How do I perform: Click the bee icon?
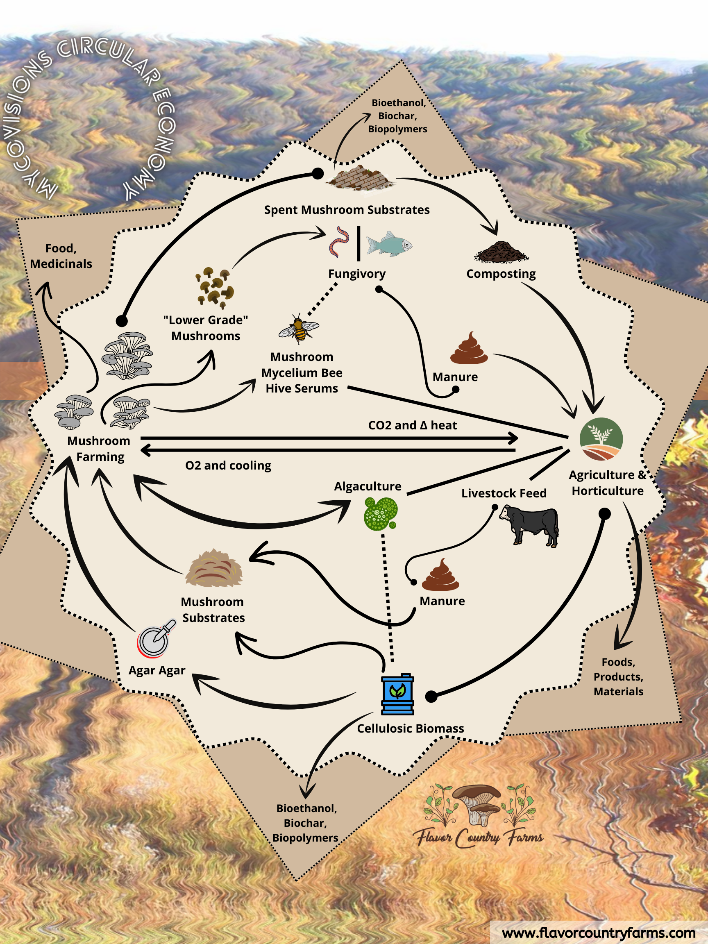(299, 328)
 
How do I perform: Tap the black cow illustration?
(530, 525)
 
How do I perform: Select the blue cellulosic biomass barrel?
(397, 694)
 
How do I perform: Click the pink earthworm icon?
(339, 242)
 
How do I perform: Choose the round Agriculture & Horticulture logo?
(601, 439)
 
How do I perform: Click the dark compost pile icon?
(501, 252)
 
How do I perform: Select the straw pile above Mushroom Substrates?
(214, 568)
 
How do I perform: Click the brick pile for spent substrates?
(361, 177)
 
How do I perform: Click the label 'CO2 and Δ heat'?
(412, 425)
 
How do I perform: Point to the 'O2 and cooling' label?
(228, 465)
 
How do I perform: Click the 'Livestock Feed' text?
(504, 493)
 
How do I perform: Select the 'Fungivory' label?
(357, 274)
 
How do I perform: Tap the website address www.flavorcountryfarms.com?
(599, 933)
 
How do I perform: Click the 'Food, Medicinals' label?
(61, 256)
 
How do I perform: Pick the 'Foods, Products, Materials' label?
(618, 676)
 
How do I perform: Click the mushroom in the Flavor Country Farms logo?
(477, 804)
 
